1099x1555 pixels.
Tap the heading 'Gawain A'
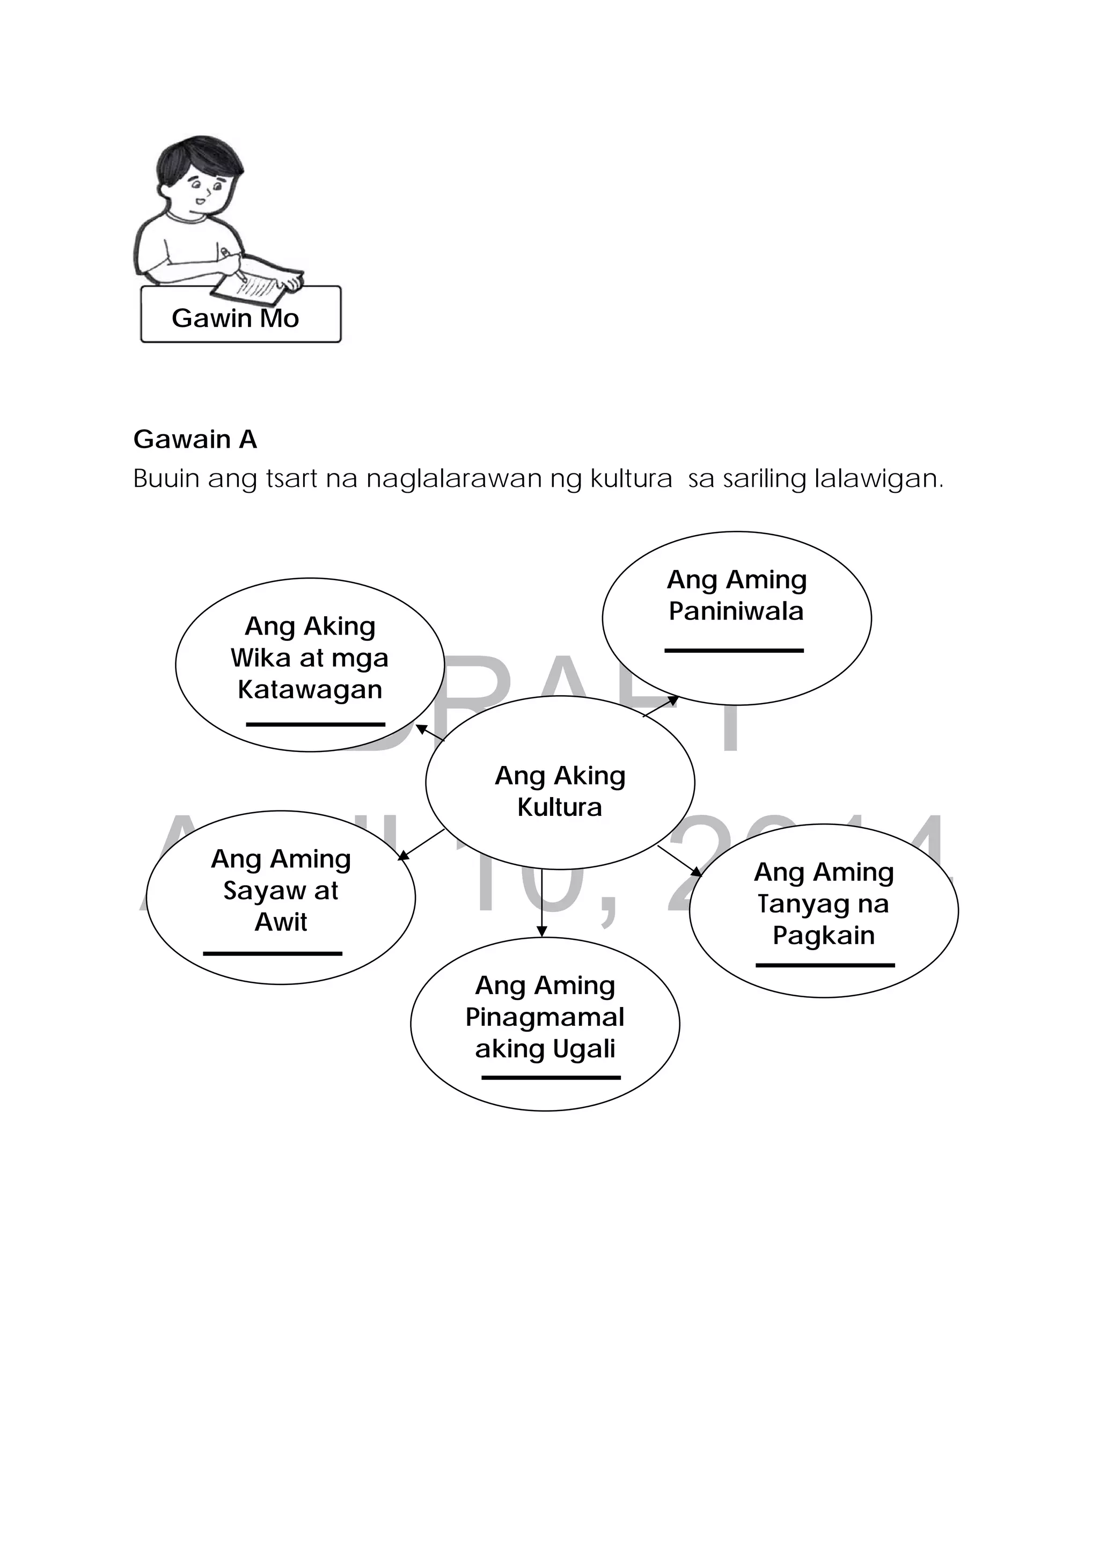195,440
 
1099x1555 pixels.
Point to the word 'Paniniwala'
736,611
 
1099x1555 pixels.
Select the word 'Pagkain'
823,935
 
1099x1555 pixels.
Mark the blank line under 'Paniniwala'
734,650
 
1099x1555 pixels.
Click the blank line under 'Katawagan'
316,724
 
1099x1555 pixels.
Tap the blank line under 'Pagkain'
825,965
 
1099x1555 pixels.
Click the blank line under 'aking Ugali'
551,1077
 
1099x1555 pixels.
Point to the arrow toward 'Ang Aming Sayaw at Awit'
421,844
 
